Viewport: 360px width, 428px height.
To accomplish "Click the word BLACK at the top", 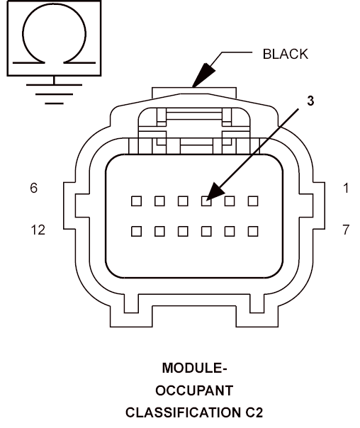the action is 285,54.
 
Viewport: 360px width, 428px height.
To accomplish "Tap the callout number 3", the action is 310,101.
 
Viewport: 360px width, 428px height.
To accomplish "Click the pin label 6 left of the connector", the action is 33,188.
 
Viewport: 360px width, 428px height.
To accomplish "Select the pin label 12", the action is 38,230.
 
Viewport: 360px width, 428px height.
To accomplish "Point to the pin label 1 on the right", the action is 346,188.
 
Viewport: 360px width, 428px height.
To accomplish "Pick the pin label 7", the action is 346,230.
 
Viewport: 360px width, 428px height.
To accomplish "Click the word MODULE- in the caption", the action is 195,368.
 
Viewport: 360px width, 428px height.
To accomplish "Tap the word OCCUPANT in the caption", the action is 194,390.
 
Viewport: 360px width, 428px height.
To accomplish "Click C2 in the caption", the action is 254,412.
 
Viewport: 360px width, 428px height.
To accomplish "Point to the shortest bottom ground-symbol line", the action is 54,103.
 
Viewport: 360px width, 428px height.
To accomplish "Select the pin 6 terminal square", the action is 136,201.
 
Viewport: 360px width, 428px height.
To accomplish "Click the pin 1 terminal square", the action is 253,201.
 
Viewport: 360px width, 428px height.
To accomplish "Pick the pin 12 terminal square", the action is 136,231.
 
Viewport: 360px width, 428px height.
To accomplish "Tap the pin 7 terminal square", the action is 253,231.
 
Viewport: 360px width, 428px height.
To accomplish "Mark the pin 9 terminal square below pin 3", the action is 206,231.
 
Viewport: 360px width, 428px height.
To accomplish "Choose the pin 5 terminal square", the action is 159,201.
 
